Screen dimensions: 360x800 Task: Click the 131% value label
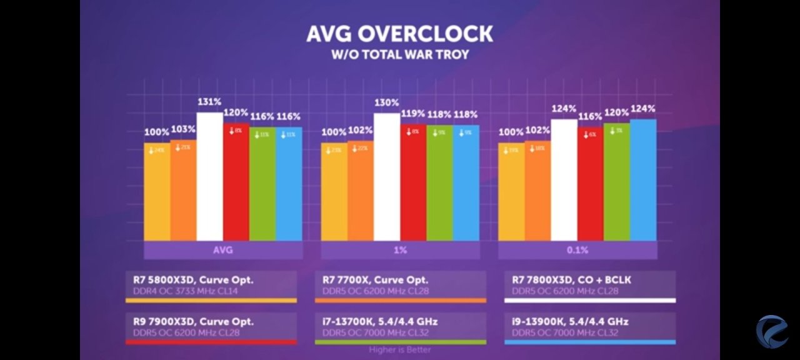209,102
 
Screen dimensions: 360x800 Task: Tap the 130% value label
387,102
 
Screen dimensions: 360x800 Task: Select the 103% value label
183,129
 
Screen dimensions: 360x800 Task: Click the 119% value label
413,114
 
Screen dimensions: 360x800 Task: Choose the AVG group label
223,250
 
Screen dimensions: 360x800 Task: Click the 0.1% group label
577,250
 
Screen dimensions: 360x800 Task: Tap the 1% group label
401,250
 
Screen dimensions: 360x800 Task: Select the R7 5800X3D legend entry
211,286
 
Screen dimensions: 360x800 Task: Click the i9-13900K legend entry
590,327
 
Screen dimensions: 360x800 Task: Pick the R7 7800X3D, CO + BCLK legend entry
590,286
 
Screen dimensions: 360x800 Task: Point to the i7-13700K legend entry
401,327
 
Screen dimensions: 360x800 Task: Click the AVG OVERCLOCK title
399,34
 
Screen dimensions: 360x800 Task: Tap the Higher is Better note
399,350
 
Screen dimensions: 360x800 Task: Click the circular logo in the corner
772,332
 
